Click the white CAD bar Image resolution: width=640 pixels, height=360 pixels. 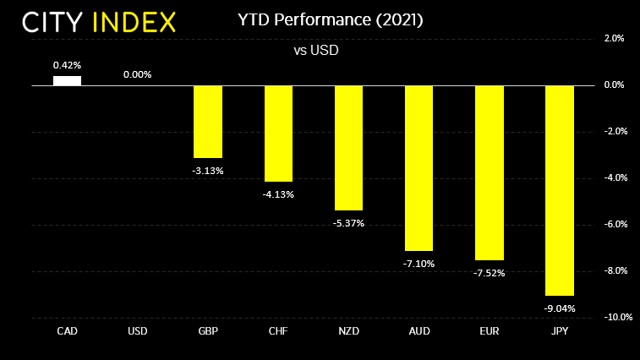[x=68, y=80]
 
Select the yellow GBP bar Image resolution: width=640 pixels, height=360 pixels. [x=208, y=122]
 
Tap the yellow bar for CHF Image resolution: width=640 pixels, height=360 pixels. [x=278, y=134]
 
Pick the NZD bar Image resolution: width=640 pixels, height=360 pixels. [x=348, y=148]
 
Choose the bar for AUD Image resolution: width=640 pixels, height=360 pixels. [x=418, y=168]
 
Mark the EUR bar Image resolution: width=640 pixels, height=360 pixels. [x=490, y=172]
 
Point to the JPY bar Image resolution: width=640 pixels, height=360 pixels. [x=560, y=190]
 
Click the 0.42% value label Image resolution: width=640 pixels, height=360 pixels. [x=68, y=65]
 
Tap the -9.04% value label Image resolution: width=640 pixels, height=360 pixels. [x=560, y=308]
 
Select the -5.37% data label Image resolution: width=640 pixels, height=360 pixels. [x=348, y=223]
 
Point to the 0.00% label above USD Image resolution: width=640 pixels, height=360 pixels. [x=138, y=74]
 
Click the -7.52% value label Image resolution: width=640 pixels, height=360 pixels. [x=490, y=273]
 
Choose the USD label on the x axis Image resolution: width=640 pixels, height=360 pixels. [x=138, y=331]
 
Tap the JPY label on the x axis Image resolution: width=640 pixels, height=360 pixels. [x=560, y=331]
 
